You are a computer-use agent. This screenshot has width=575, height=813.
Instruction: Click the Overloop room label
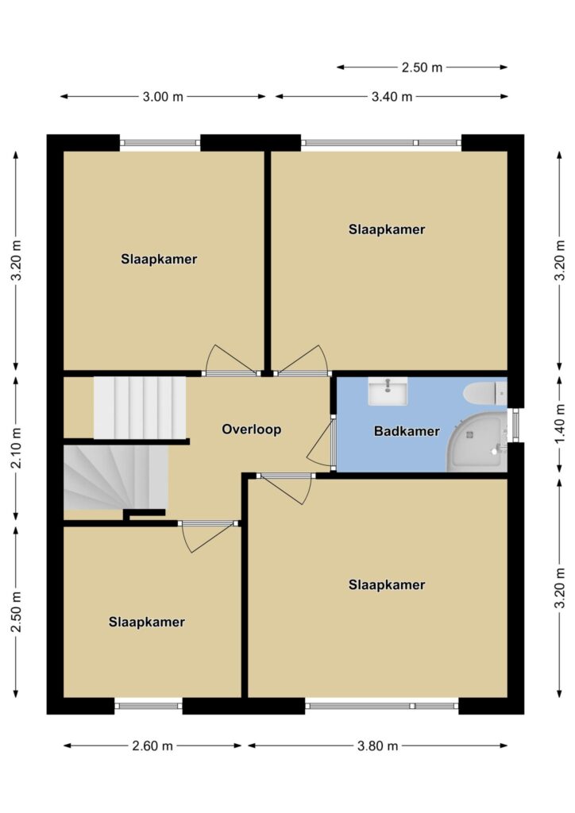click(252, 430)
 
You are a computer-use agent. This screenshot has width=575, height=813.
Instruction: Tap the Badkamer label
click(407, 431)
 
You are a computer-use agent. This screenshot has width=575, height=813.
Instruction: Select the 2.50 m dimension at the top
click(422, 67)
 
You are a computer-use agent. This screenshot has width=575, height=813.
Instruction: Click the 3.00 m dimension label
click(163, 97)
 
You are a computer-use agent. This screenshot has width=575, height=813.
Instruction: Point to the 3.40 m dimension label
click(392, 97)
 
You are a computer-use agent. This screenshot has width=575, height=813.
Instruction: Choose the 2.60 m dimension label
click(152, 746)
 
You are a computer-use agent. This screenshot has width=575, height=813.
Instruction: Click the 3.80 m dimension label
click(377, 746)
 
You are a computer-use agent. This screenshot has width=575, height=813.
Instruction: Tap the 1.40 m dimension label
click(560, 424)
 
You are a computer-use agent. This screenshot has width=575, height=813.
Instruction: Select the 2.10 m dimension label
click(16, 448)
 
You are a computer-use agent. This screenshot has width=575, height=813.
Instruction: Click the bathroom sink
click(388, 391)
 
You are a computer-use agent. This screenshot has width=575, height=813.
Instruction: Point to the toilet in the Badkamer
click(485, 394)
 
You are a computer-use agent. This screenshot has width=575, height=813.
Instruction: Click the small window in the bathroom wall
click(515, 426)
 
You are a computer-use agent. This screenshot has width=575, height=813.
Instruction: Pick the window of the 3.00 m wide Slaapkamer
click(160, 143)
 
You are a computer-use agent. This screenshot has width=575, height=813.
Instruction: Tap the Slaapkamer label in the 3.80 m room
click(387, 585)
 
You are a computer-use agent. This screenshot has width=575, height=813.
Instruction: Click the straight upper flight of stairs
click(140, 408)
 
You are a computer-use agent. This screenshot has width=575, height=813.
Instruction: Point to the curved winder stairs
click(116, 477)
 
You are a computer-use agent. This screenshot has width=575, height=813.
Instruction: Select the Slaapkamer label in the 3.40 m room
click(387, 229)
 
